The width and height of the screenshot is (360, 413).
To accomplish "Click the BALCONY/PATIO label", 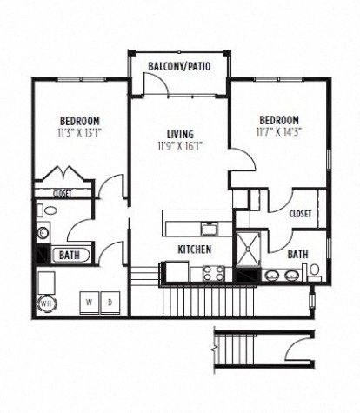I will (181, 66).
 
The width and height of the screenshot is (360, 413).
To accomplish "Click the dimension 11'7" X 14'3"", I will (279, 133).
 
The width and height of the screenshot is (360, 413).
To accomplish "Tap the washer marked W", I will (90, 302).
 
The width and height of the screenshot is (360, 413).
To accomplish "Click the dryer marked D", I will (110, 302).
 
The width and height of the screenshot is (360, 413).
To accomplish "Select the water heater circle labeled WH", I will (45, 303).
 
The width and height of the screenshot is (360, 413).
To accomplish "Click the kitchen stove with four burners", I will (214, 272).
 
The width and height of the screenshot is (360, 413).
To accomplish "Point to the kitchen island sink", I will (210, 228).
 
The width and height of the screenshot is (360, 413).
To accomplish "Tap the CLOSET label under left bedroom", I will (62, 194).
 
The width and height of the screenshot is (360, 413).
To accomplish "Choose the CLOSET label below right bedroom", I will (300, 211).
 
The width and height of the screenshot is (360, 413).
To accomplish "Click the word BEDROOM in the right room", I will (279, 120).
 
